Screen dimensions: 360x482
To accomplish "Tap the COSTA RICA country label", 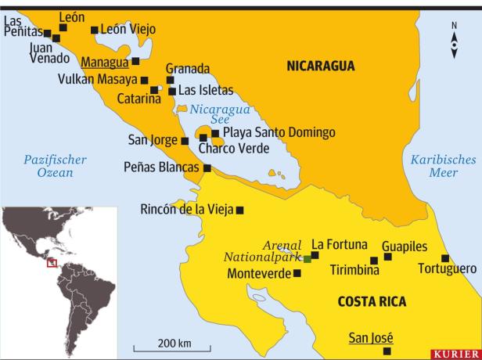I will (x=372, y=301).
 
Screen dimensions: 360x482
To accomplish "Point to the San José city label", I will (x=370, y=338).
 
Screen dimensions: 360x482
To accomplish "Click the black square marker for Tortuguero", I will (x=445, y=258).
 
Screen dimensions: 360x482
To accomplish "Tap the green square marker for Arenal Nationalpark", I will (x=308, y=259).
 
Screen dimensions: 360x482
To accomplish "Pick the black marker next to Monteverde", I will (x=297, y=273).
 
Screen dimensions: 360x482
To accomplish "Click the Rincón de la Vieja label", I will (x=187, y=210).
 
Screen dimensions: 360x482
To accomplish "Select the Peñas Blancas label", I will (x=162, y=167).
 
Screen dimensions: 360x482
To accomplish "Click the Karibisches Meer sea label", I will (x=444, y=166).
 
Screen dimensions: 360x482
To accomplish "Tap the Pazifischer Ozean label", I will (x=55, y=166).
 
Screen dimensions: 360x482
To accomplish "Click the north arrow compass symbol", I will (x=455, y=41).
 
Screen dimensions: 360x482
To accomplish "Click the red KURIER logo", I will (x=456, y=354).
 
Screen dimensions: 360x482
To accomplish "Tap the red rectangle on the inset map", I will (x=52, y=262).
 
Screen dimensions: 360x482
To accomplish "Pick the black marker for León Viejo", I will (x=95, y=30).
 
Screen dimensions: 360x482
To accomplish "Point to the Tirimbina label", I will (x=354, y=271).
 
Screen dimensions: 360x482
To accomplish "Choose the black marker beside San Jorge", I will (x=185, y=142).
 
